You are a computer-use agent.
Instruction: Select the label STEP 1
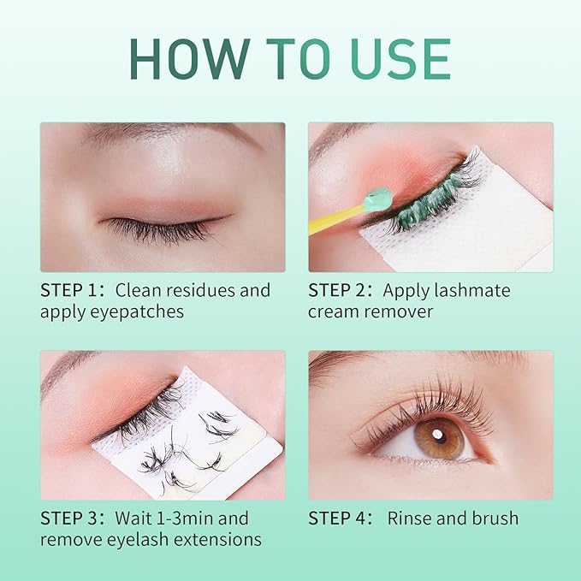click(x=68, y=290)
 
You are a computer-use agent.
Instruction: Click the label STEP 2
click(x=336, y=290)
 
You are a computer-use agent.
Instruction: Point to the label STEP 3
click(x=68, y=518)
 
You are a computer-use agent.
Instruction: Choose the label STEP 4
click(x=336, y=518)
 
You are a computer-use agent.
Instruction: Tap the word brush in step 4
click(x=495, y=518)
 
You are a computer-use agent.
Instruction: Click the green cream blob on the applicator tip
click(x=376, y=199)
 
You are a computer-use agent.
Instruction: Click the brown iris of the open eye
click(x=440, y=439)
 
